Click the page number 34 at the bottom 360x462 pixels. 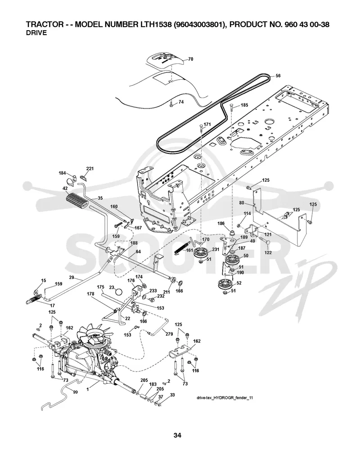point(177,435)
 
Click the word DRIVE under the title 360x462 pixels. point(36,33)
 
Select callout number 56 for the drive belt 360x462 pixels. point(278,76)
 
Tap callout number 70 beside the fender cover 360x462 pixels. point(191,59)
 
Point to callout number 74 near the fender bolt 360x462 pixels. point(181,102)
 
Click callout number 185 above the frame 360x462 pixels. point(244,105)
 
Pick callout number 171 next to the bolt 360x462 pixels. point(207,124)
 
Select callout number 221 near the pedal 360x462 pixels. point(90,169)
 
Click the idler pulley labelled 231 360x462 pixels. point(202,253)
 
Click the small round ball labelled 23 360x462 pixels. point(119,292)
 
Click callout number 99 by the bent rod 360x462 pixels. point(76,392)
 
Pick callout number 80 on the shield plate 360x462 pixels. point(242,203)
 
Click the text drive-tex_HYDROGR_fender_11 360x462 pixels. point(225,398)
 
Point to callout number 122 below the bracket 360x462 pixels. point(268,252)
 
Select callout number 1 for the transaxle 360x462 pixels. point(88,390)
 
